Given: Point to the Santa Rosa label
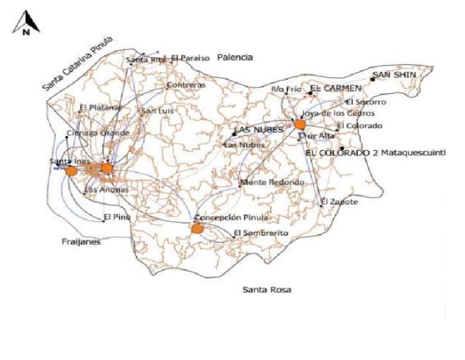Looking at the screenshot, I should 266,290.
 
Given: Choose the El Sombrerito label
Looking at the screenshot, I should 261,233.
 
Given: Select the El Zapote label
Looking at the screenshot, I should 340,201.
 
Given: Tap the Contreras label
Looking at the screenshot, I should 186,85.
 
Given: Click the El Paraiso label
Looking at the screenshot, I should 190,58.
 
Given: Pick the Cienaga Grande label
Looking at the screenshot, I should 97,133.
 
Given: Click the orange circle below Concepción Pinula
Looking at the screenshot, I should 196,228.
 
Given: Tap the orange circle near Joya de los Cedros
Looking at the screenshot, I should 300,124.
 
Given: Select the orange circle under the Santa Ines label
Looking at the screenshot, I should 71,171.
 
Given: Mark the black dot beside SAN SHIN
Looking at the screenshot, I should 373,79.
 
